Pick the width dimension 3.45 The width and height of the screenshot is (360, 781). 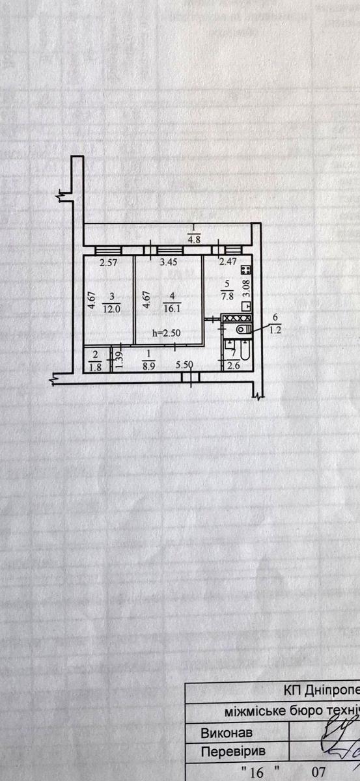click(169, 263)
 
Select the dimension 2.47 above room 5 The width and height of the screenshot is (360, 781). click(227, 263)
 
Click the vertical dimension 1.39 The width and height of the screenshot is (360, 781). click(118, 359)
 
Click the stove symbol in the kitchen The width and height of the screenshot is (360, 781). click(245, 269)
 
